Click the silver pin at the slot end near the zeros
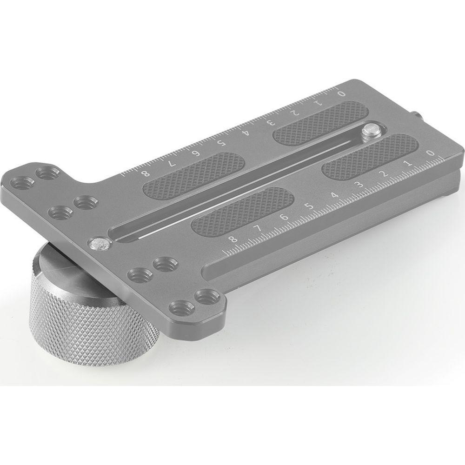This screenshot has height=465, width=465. point(372,130)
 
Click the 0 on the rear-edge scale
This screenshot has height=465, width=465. point(343,94)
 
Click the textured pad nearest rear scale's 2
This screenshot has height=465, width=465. point(321,123)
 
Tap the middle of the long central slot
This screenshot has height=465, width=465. point(237,184)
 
